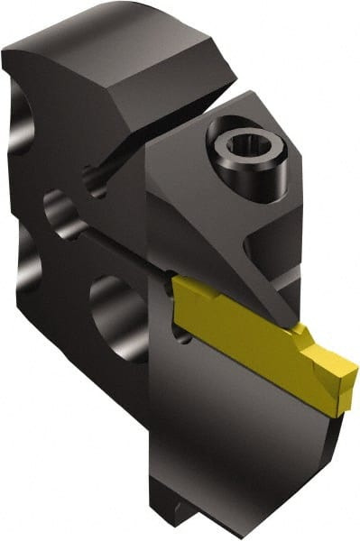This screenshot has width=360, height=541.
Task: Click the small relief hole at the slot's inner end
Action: click(x=95, y=181)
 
